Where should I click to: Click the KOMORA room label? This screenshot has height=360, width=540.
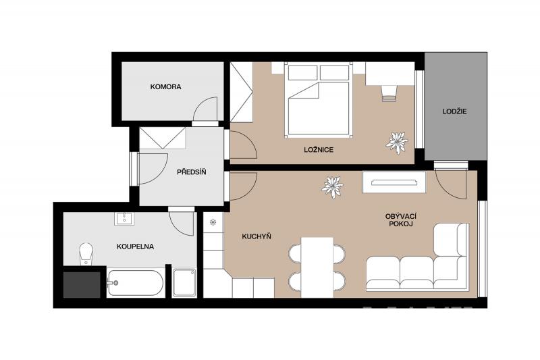click(x=165, y=87)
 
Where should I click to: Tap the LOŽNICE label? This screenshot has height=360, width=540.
click(x=319, y=150)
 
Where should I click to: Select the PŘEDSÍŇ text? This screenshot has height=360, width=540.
click(x=192, y=172)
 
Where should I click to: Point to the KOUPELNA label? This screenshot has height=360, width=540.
click(x=135, y=247)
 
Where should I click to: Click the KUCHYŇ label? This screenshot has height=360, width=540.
click(x=256, y=236)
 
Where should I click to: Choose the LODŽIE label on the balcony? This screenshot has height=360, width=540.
click(x=454, y=111)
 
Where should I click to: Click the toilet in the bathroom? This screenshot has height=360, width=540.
click(x=86, y=254)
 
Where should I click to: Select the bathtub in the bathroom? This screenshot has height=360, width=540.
click(x=135, y=284)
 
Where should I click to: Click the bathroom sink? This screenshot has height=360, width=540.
click(x=124, y=218)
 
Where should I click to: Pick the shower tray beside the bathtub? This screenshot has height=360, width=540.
click(x=184, y=282)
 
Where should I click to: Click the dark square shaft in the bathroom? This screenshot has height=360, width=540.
click(x=82, y=285)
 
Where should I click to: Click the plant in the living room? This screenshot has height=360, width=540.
click(x=332, y=187)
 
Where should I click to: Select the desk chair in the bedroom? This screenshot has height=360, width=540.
click(x=389, y=93)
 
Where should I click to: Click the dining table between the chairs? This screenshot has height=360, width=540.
click(x=317, y=267)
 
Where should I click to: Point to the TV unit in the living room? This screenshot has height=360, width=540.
click(x=394, y=182)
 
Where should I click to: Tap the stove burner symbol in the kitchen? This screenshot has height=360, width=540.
click(x=213, y=222)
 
